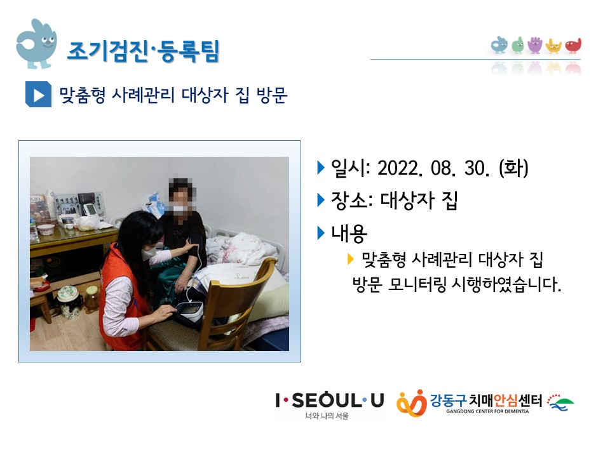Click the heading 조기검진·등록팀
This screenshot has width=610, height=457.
point(144,51)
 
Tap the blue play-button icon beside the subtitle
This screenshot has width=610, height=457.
point(38,94)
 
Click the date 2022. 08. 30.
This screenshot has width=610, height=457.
point(433,168)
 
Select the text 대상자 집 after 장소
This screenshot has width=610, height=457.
point(419,201)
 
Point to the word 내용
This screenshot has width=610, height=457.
point(349,233)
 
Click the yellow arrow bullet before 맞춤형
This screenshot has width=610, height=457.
point(350,259)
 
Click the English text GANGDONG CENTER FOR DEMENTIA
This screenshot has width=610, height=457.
point(487,411)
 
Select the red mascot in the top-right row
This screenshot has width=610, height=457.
point(573,46)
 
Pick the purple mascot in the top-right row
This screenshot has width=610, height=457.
point(535,44)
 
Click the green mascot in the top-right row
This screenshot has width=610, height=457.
point(517,45)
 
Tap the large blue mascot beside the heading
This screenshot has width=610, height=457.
point(36,44)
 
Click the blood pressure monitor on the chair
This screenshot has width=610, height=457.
point(189,308)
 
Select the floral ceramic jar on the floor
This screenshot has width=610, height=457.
point(69,302)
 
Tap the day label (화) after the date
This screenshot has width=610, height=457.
point(513,168)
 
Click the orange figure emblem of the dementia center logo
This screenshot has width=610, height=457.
point(411,404)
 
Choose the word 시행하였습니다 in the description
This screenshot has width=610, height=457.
point(506,285)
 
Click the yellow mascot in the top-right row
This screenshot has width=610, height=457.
point(553,46)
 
